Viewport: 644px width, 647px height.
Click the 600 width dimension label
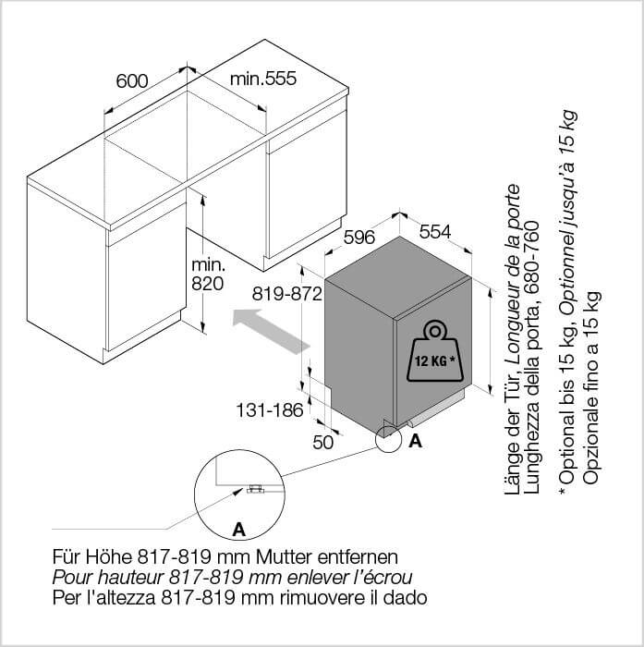pyautogui.click(x=132, y=81)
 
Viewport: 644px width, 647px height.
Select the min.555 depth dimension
pyautogui.click(x=263, y=79)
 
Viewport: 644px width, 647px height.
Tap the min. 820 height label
pyautogui.click(x=208, y=275)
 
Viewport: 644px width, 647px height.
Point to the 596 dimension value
pyautogui.click(x=359, y=237)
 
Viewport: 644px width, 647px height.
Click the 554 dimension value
pyautogui.click(x=435, y=232)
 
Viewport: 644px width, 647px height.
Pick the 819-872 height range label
pyautogui.click(x=287, y=294)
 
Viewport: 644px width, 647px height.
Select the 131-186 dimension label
pyautogui.click(x=270, y=410)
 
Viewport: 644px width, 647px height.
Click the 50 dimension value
pyautogui.click(x=322, y=443)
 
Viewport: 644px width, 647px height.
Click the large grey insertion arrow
pyautogui.click(x=271, y=332)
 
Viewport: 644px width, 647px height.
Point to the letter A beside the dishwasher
pyautogui.click(x=416, y=441)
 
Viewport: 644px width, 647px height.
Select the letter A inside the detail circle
pyautogui.click(x=239, y=529)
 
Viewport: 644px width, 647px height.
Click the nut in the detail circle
pyautogui.click(x=255, y=489)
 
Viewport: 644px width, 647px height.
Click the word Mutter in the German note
pyautogui.click(x=283, y=557)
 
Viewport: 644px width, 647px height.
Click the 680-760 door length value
pyautogui.click(x=532, y=258)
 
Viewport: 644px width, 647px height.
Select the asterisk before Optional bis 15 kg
pyautogui.click(x=562, y=492)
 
